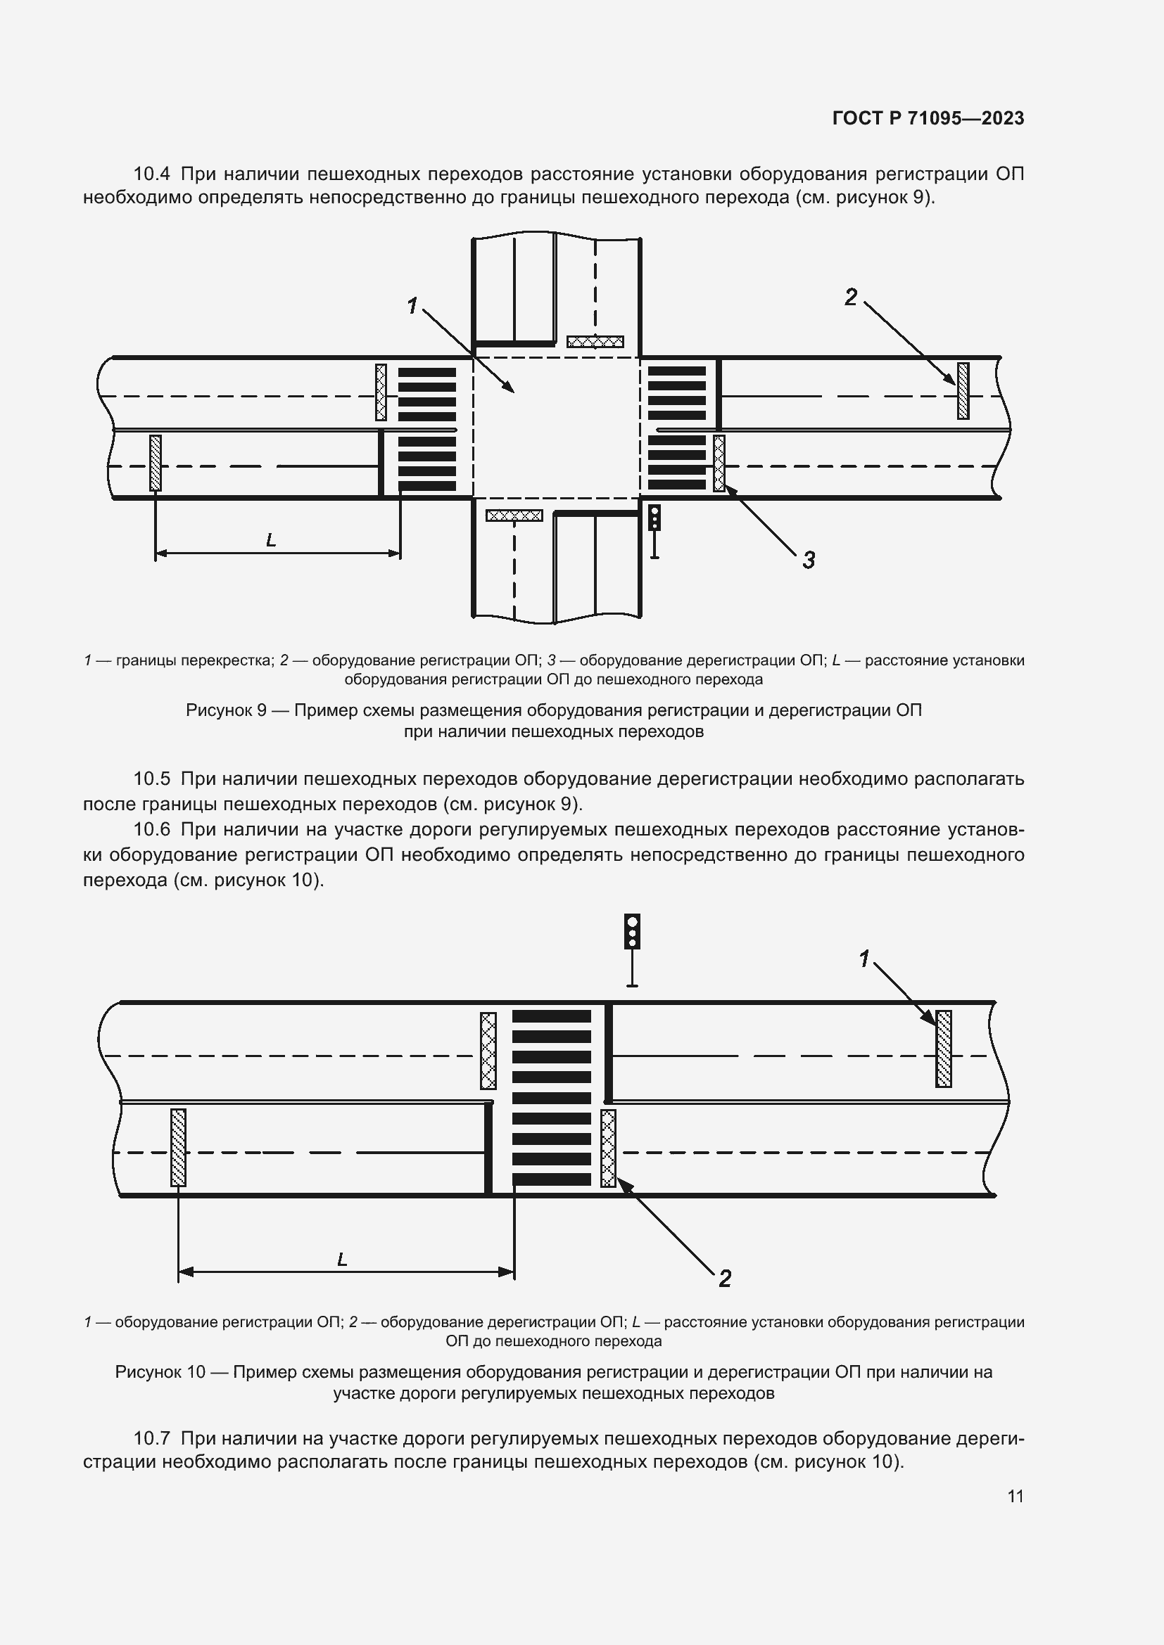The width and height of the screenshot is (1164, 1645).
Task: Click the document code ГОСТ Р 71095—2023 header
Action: click(x=928, y=118)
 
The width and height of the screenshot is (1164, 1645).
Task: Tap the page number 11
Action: click(x=1015, y=1496)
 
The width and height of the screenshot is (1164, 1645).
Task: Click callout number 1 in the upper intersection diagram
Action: click(x=412, y=306)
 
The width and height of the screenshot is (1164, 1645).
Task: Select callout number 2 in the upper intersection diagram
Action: click(x=851, y=297)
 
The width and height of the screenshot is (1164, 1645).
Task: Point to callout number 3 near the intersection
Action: click(x=809, y=561)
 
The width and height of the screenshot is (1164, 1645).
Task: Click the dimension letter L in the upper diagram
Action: click(x=271, y=540)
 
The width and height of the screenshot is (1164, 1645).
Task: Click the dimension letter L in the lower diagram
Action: click(x=342, y=1259)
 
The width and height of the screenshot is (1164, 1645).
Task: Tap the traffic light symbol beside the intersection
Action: click(x=654, y=518)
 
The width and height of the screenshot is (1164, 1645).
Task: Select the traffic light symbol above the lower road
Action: click(x=631, y=931)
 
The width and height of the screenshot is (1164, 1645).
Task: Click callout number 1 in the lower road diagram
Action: click(x=865, y=958)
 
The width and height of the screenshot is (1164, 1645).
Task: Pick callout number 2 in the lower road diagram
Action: click(x=725, y=1278)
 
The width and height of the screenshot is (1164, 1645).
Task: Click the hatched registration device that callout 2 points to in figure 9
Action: click(x=963, y=390)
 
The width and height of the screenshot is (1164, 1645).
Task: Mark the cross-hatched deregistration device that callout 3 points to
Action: click(x=719, y=463)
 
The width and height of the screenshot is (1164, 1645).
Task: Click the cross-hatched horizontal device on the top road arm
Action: click(x=595, y=342)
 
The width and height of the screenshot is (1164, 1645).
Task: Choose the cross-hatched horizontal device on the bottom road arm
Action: click(x=514, y=515)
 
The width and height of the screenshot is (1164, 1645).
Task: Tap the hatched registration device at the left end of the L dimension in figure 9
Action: click(x=155, y=463)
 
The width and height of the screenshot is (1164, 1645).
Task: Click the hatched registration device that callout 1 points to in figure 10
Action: click(x=943, y=1049)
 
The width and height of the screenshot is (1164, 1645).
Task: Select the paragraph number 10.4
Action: click(x=151, y=174)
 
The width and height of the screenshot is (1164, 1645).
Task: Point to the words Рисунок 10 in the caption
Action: click(x=160, y=1372)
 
